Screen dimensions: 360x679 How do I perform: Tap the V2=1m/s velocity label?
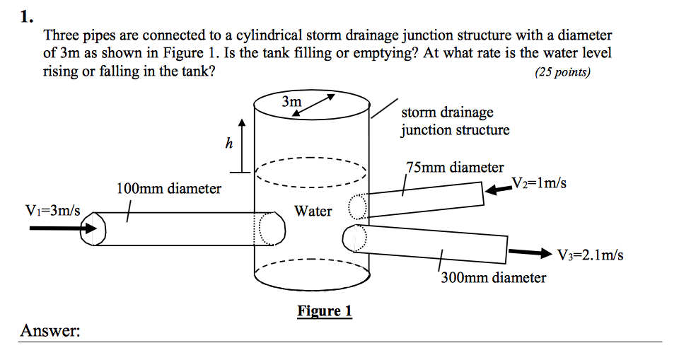pos(538,183)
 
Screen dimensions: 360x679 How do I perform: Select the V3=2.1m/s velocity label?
pos(590,255)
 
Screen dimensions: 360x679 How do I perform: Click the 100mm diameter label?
pos(168,189)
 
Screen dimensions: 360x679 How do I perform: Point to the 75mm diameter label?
pos(455,168)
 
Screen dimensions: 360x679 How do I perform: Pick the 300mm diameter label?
pos(493,277)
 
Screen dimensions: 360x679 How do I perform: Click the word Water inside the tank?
pos(313,211)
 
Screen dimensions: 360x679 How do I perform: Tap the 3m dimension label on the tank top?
pos(291,102)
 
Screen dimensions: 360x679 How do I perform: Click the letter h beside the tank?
pos(228,144)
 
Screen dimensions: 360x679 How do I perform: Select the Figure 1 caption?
pos(325,311)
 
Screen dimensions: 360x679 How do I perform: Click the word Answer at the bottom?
pos(50,330)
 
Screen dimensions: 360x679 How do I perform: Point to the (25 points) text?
pos(562,71)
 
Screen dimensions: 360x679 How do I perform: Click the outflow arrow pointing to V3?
pos(530,252)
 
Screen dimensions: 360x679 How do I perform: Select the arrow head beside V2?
pos(499,186)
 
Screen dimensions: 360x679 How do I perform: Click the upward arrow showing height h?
pos(242,145)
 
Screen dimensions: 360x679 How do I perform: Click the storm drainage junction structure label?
pos(455,121)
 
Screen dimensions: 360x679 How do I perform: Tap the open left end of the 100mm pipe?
pos(93,228)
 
